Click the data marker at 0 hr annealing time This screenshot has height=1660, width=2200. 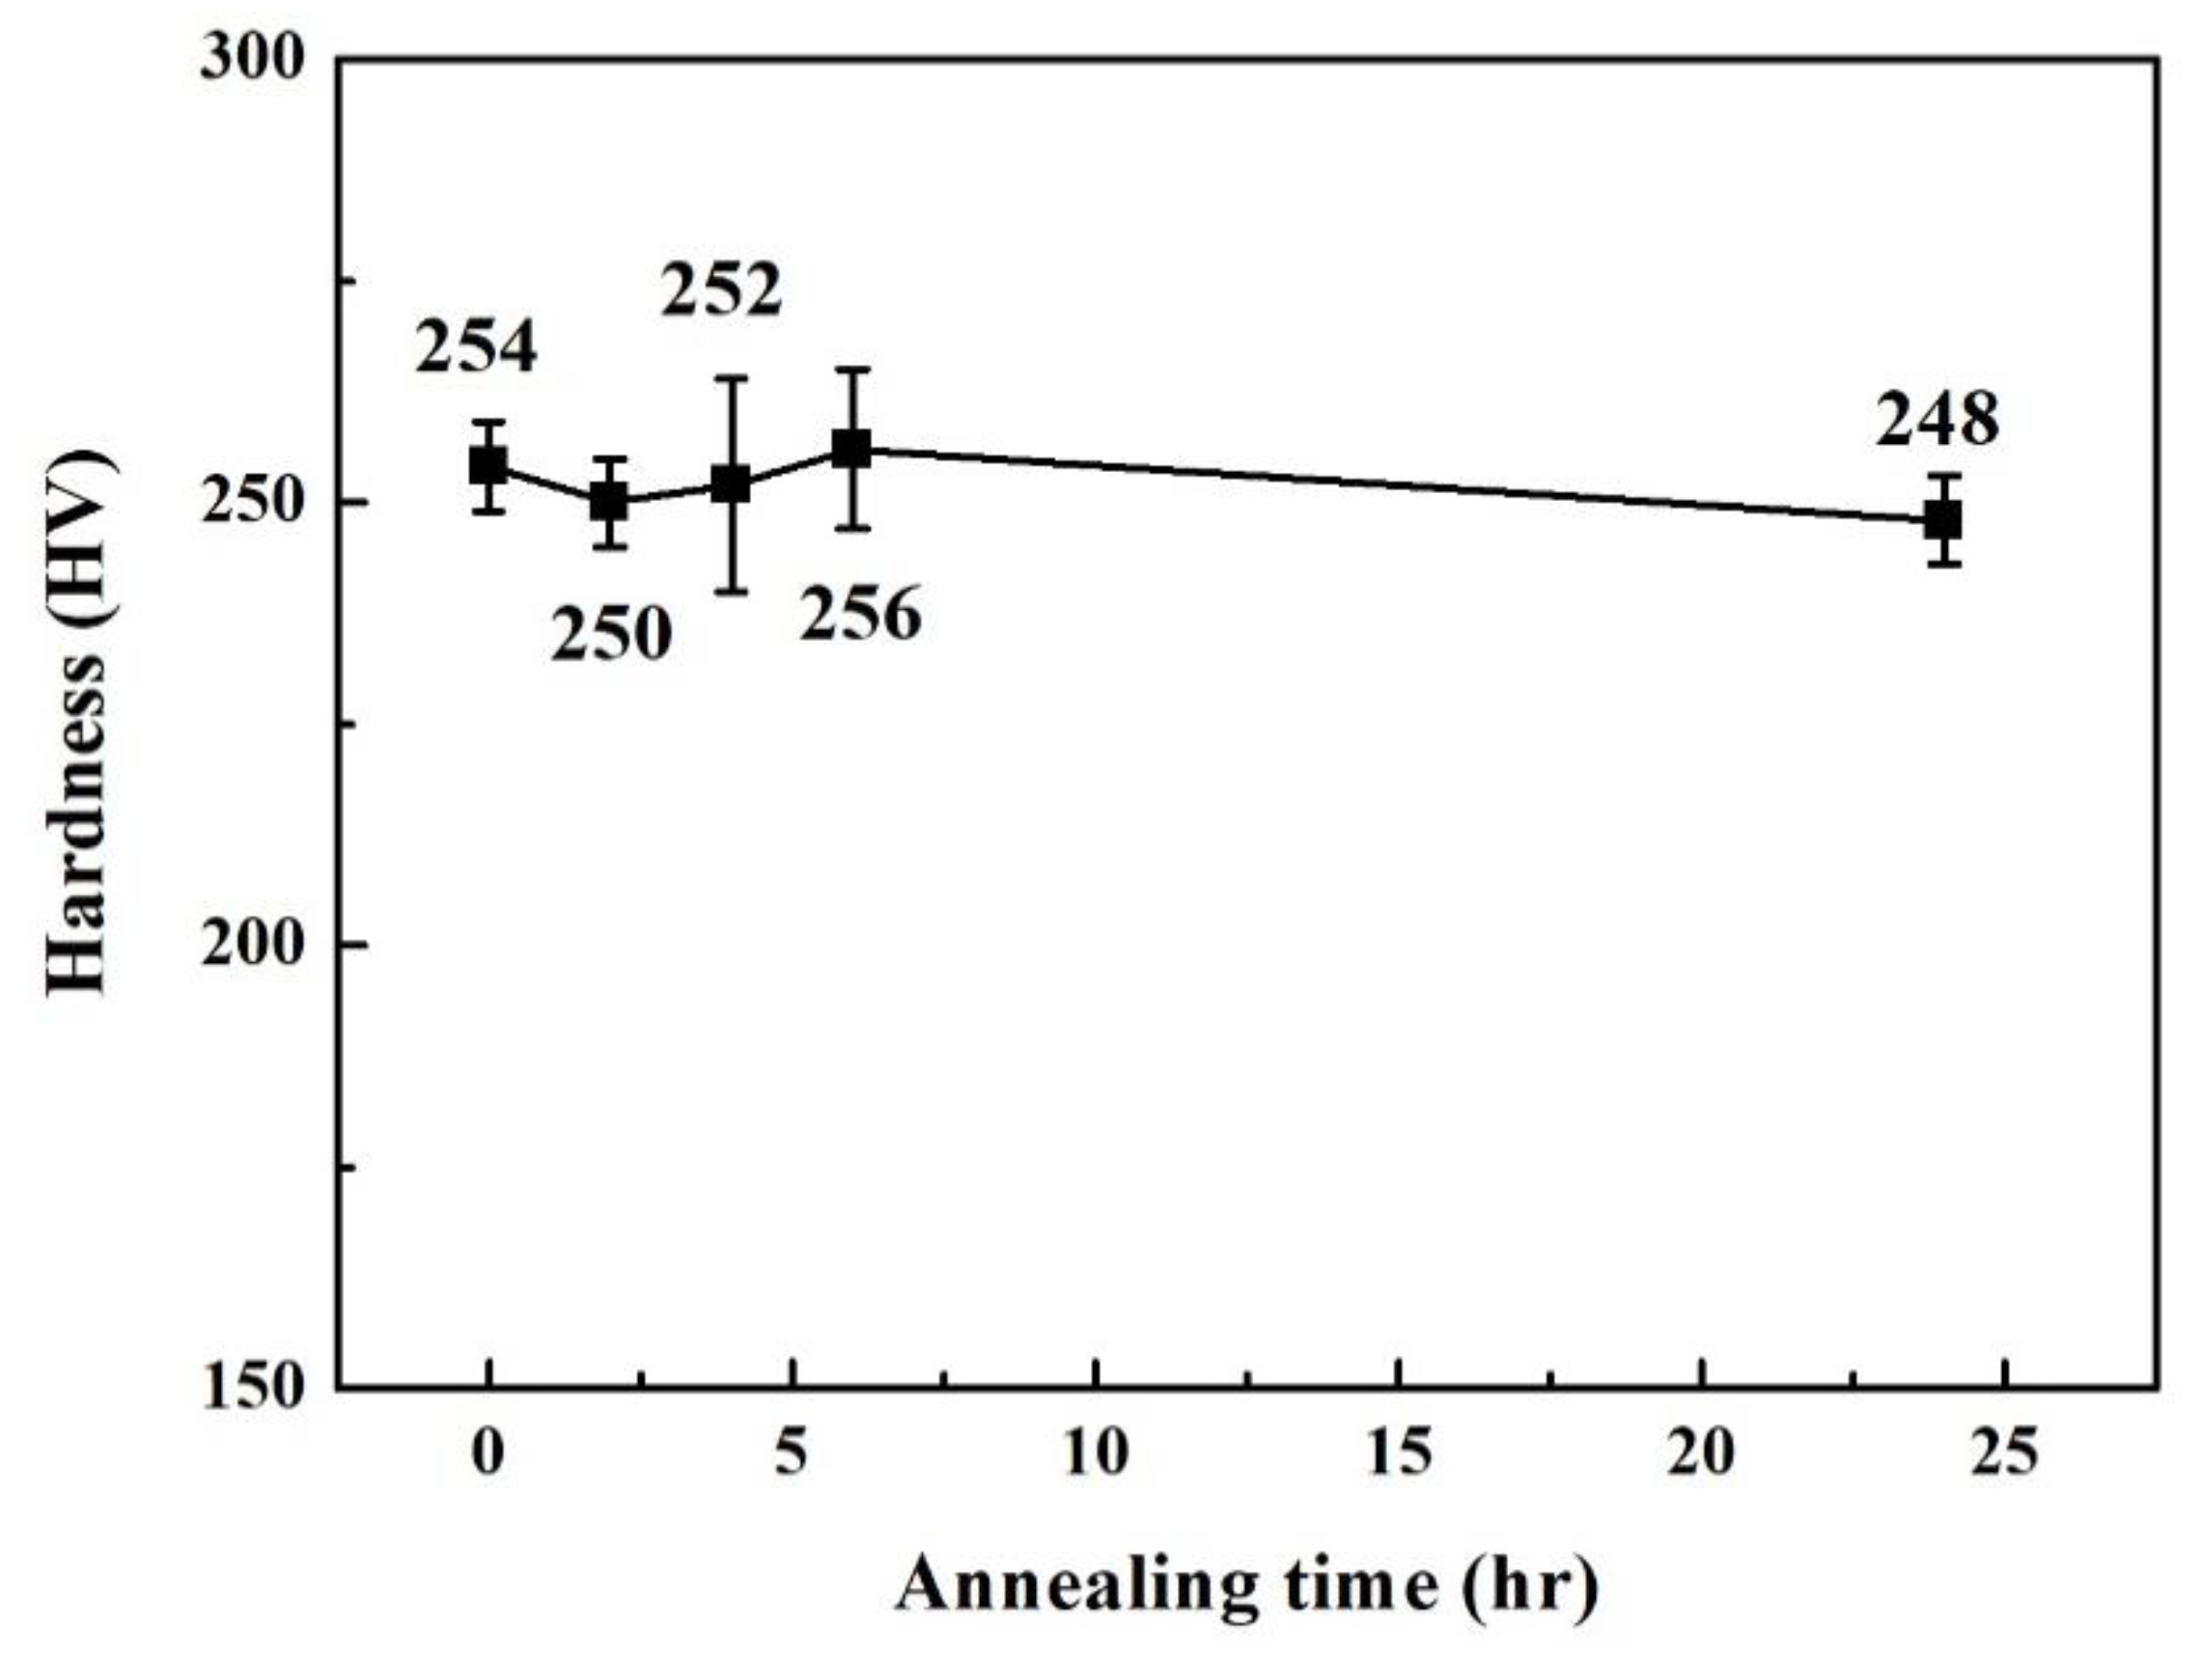coord(487,465)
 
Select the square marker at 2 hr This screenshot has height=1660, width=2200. coord(609,502)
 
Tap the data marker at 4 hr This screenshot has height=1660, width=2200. coord(731,485)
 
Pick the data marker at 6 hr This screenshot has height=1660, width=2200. coord(852,449)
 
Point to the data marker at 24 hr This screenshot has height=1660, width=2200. coord(1943,520)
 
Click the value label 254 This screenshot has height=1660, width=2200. coord(477,347)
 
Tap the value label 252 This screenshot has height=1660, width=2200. coord(722,290)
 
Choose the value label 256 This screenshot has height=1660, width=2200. coord(861,614)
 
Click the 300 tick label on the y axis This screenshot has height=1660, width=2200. coord(252,60)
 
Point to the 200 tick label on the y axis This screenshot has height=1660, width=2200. coord(252,945)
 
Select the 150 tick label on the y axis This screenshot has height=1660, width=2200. coord(252,1385)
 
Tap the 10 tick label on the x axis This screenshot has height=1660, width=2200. coord(1096,1453)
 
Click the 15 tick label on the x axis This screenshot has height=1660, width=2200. coord(1400,1453)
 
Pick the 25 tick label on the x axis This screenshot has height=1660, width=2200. coord(2006,1453)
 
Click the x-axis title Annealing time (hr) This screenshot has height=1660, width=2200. coord(1248,1586)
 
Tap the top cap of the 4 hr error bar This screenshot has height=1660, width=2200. coord(731,378)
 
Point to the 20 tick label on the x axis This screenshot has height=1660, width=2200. coord(1702,1453)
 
